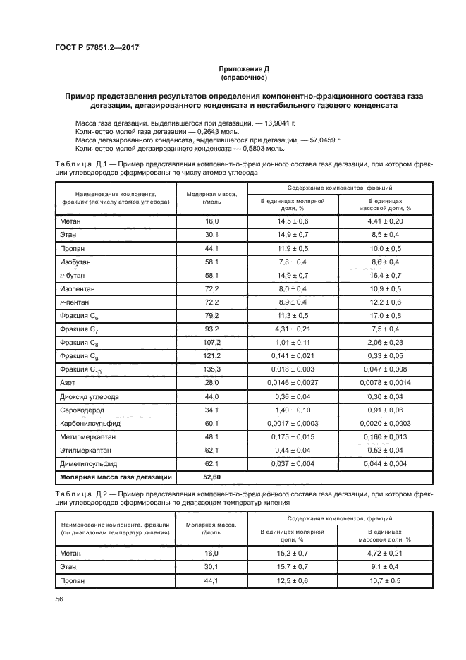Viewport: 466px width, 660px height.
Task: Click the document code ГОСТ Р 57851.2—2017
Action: click(x=96, y=47)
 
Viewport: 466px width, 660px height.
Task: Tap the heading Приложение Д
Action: click(x=243, y=69)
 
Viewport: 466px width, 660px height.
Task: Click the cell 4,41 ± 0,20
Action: click(x=385, y=221)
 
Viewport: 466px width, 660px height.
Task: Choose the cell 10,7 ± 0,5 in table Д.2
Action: click(x=385, y=580)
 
